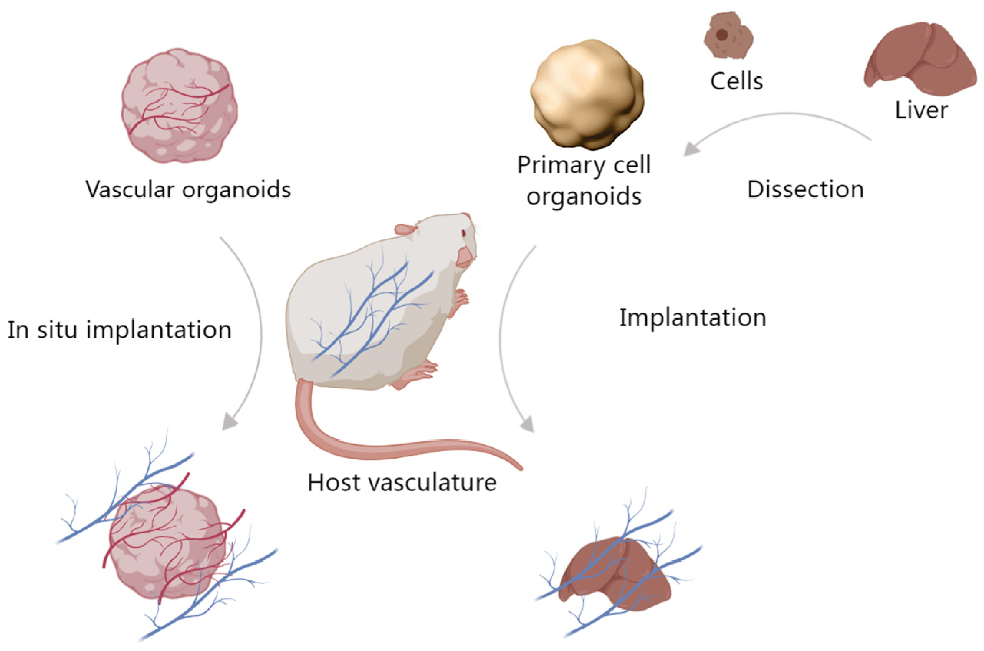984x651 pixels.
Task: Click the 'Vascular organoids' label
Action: coord(188,190)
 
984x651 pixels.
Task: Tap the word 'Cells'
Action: coord(736,81)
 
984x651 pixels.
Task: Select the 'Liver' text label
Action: coord(921,111)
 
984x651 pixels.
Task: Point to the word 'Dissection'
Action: coord(805,190)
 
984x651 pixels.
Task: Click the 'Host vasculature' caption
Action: coord(402,483)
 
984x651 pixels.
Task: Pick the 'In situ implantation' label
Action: coord(119,330)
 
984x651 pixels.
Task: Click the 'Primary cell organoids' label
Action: coord(584,181)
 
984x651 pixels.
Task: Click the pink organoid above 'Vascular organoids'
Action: coord(179,106)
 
